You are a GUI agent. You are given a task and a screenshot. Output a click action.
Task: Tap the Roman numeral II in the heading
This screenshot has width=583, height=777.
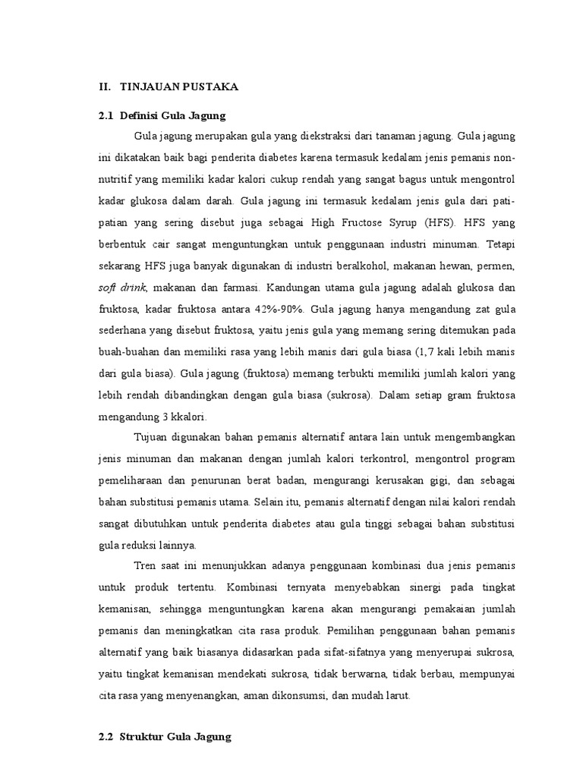(x=105, y=87)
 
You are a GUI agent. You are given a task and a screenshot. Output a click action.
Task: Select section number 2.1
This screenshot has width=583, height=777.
(x=106, y=115)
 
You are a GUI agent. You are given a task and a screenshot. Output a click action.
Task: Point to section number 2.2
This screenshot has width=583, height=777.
(x=106, y=738)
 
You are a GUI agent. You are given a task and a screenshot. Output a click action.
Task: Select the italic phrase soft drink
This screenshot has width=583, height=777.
(x=122, y=288)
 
